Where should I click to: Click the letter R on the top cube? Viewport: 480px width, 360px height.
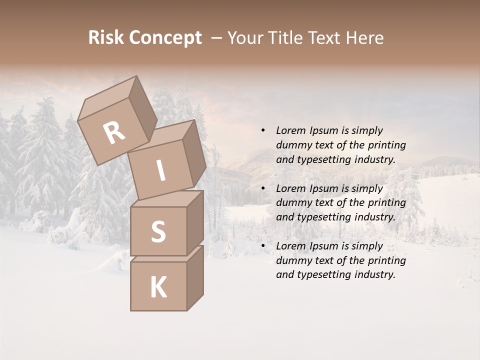coord(114,133)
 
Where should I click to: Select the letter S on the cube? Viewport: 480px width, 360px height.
coord(158,231)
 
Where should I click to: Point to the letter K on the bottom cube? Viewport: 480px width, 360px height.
coord(158,287)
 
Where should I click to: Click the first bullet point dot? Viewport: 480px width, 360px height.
coord(263,130)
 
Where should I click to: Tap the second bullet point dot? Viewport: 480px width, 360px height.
coord(263,188)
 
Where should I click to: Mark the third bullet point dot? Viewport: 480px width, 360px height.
coord(263,246)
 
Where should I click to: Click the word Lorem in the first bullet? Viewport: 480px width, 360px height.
coord(290,130)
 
